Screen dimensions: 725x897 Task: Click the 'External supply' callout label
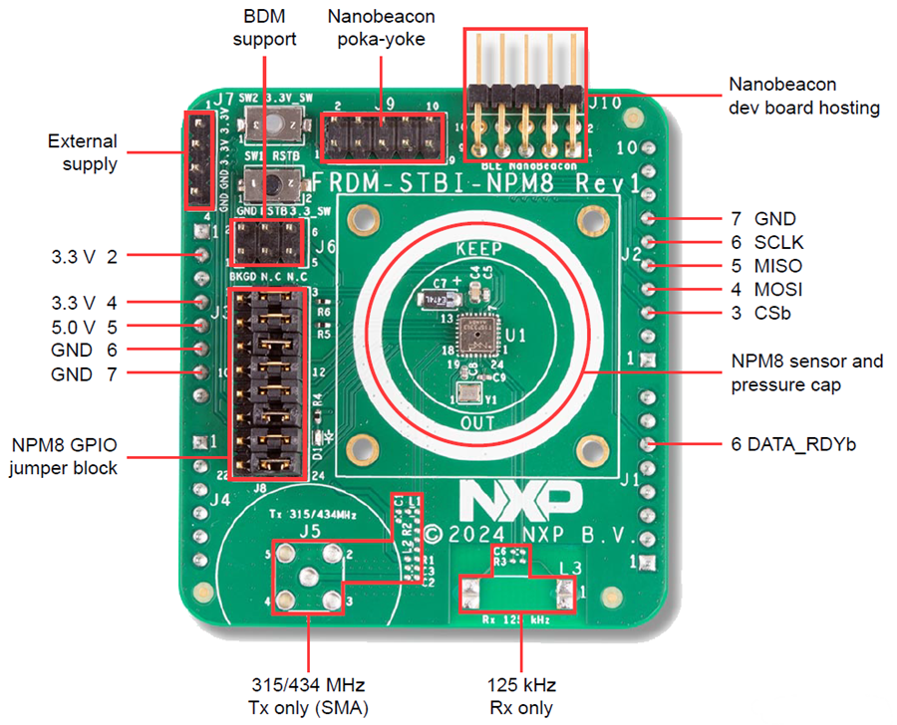click(x=84, y=152)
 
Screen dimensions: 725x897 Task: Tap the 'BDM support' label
click(x=270, y=29)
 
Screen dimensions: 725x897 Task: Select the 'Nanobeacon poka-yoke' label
click(x=382, y=29)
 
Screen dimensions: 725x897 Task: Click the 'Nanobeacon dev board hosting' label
click(x=803, y=96)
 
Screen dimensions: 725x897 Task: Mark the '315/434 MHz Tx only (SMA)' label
click(x=309, y=696)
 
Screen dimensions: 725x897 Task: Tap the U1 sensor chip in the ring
click(x=472, y=333)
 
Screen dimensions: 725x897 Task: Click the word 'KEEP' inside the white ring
click(x=479, y=249)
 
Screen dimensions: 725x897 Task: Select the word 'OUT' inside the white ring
click(x=478, y=421)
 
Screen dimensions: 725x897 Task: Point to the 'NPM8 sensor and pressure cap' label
click(x=806, y=372)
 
